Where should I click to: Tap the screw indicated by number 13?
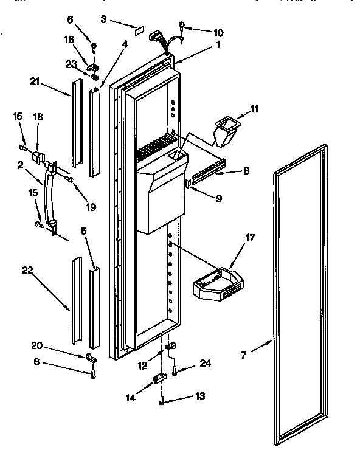click(x=162, y=401)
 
